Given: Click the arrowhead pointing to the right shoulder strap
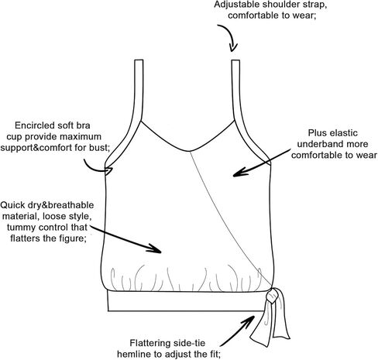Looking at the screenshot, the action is [x=233, y=47].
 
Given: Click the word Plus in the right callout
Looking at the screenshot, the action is [x=317, y=133].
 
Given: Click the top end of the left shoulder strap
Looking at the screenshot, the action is [x=139, y=60].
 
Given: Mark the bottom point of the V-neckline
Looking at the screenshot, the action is [x=189, y=151].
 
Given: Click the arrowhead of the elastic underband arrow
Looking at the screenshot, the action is [x=238, y=173].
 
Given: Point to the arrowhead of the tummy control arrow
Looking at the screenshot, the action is [x=156, y=249].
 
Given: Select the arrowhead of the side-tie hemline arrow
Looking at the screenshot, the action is [x=249, y=319].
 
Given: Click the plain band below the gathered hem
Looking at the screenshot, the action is [x=187, y=301].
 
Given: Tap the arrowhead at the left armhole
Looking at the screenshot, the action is [x=109, y=171].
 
